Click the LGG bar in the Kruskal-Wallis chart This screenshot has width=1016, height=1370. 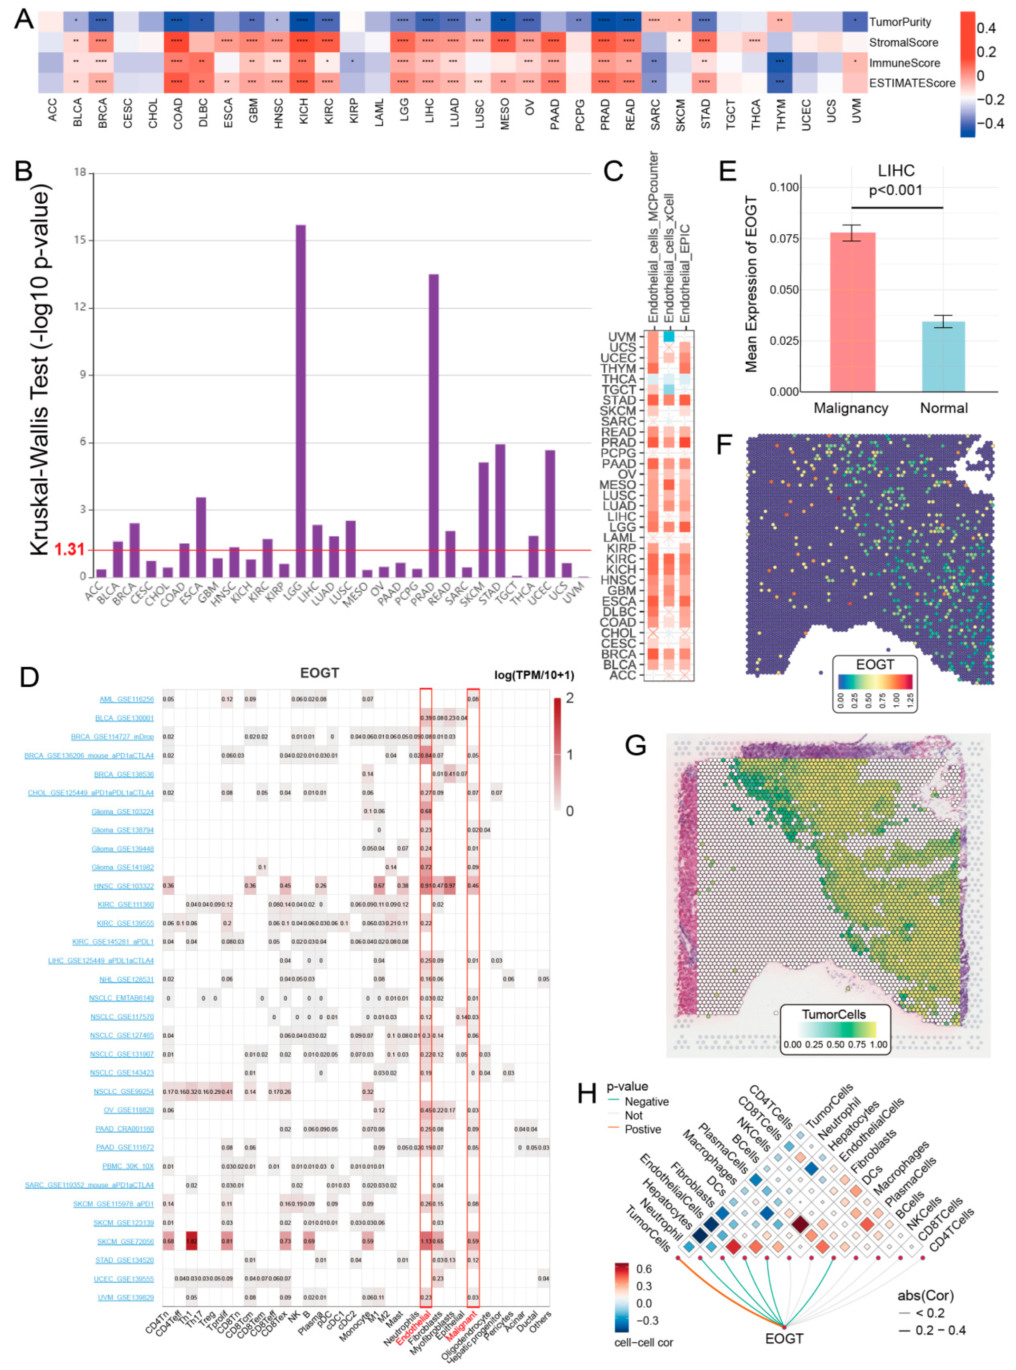[x=301, y=400]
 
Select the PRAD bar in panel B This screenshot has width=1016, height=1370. [x=434, y=424]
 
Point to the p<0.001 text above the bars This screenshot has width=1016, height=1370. [x=895, y=191]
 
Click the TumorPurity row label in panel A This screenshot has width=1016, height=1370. [x=900, y=22]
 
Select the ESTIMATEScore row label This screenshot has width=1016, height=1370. [x=912, y=83]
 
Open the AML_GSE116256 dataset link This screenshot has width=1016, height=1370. [x=126, y=700]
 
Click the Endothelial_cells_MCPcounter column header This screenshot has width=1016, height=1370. [x=653, y=237]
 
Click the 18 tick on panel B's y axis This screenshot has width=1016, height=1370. [x=80, y=172]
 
